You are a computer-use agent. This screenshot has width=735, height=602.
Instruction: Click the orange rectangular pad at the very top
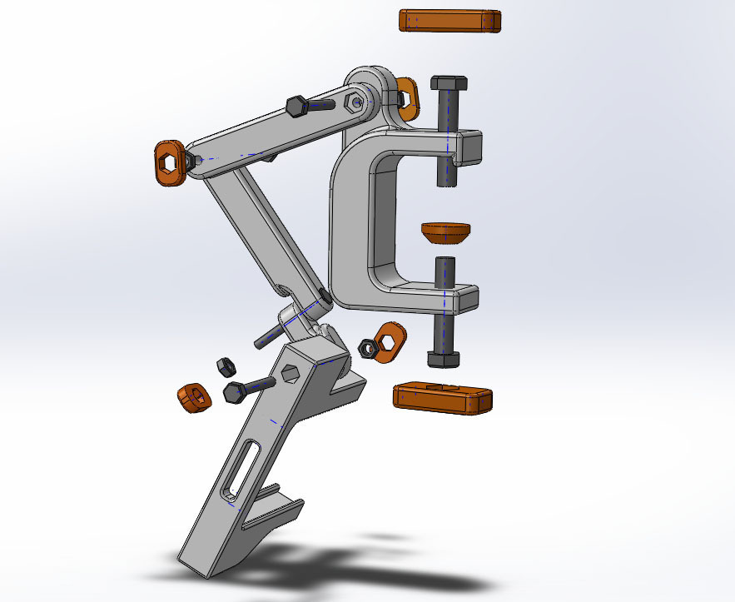tap(449, 21)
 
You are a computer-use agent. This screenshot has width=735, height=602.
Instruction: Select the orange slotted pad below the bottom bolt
tap(442, 398)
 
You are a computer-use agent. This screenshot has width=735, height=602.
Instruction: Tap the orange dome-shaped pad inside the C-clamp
tap(445, 232)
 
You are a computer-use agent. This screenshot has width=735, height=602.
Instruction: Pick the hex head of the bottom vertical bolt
tap(442, 359)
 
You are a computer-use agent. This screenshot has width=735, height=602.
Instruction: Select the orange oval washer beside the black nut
tap(388, 341)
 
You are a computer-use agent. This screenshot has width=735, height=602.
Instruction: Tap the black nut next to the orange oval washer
tap(365, 347)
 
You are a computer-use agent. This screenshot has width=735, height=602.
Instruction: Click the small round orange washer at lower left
tap(194, 397)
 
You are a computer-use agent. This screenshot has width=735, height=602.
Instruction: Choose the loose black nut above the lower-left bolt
tap(223, 366)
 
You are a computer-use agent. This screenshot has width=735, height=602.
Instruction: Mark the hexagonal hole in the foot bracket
tap(291, 371)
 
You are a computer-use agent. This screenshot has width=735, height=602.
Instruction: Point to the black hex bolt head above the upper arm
tap(297, 107)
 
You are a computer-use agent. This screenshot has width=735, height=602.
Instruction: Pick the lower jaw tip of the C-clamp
tap(466, 297)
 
